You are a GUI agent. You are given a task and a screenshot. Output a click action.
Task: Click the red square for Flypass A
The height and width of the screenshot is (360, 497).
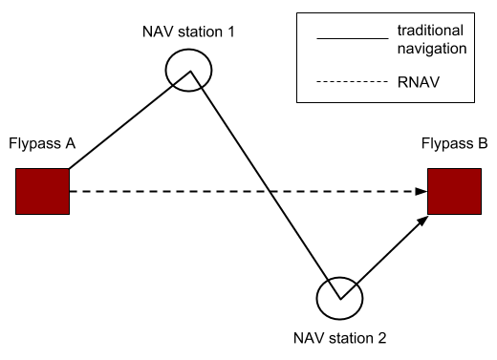pyautogui.click(x=42, y=191)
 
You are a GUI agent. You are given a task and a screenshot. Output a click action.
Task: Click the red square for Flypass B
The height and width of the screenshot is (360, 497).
pyautogui.click(x=453, y=191)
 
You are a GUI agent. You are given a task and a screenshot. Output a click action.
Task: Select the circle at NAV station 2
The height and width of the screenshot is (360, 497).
pyautogui.click(x=339, y=297)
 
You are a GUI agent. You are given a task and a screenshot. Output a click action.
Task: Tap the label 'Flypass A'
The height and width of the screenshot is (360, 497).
pyautogui.click(x=42, y=145)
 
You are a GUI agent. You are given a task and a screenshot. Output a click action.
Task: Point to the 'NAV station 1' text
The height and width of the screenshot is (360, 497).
pyautogui.click(x=186, y=32)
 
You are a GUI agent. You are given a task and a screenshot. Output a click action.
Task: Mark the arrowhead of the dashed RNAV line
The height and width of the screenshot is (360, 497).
pyautogui.click(x=421, y=192)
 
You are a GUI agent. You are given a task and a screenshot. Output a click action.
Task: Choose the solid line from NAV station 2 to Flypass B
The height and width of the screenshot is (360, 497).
pyautogui.click(x=382, y=253)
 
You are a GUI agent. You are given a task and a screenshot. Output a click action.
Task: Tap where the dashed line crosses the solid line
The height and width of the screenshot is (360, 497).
pyautogui.click(x=270, y=192)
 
